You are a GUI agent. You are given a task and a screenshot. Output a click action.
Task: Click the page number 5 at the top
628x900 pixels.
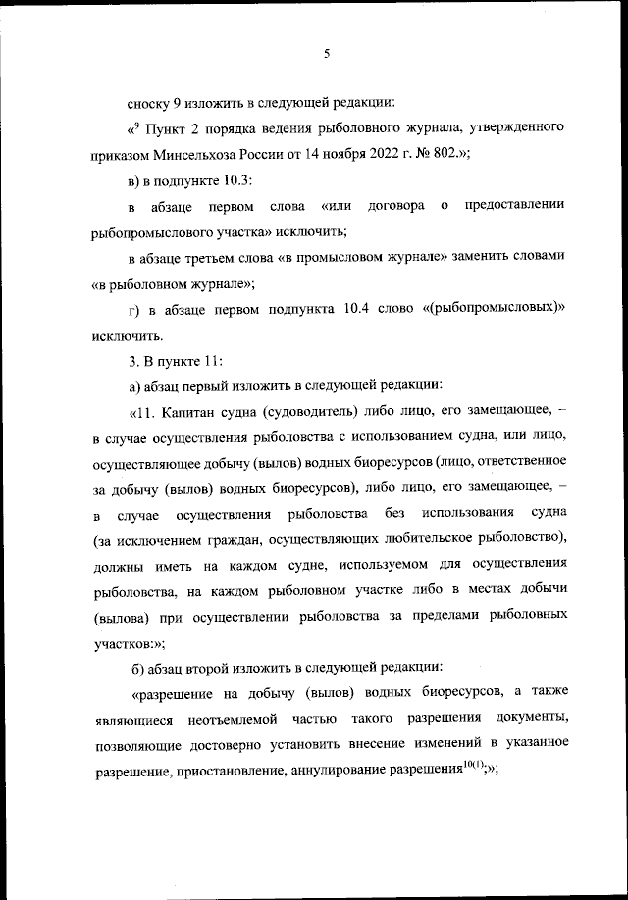pos(325,54)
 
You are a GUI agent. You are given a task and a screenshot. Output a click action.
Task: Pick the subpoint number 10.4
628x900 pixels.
pos(375,309)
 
